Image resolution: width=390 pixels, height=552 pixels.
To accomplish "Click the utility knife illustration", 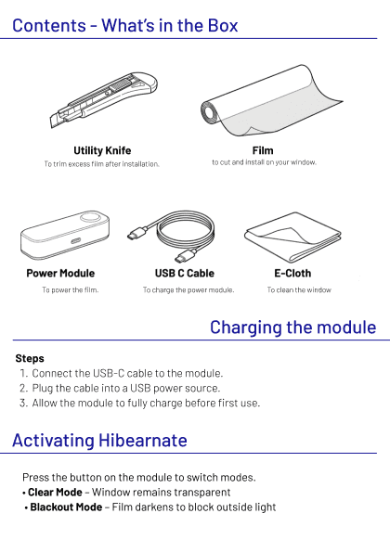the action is coord(104,99).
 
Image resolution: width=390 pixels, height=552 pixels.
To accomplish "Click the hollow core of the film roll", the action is coord(210,112).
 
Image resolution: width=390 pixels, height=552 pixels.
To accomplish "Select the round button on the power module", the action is coord(93,217).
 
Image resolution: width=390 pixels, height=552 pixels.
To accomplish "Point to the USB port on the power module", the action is coord(76,241).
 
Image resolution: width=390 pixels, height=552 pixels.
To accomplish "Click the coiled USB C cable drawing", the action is coord(172,236).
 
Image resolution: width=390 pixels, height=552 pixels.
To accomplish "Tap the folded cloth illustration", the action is coord(292,237).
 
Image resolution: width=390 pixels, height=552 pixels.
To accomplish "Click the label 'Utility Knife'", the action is coord(102,150).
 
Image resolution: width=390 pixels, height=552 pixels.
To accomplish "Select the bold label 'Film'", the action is coord(263,150).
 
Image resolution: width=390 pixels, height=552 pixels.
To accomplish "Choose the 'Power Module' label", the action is coord(60,273).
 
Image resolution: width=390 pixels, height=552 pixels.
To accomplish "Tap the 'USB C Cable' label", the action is coord(185,273).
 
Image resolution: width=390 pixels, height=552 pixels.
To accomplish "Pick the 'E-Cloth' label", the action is coord(292,273).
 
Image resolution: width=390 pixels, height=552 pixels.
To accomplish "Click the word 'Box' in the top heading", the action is coord(223,26).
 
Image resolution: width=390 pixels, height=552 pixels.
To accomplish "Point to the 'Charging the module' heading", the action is coord(293,327).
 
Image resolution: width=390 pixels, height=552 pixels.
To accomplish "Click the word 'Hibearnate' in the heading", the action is coord(143,441).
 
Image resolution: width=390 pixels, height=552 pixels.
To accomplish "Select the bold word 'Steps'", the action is coord(30,358).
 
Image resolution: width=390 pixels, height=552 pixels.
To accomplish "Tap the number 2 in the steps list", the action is coord(22,389).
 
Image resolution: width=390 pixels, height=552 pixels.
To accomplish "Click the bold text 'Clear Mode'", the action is coord(55,492).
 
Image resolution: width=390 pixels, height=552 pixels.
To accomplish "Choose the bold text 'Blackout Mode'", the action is coord(66,507).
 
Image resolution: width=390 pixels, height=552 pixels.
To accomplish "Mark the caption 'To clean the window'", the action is coord(299,290).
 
